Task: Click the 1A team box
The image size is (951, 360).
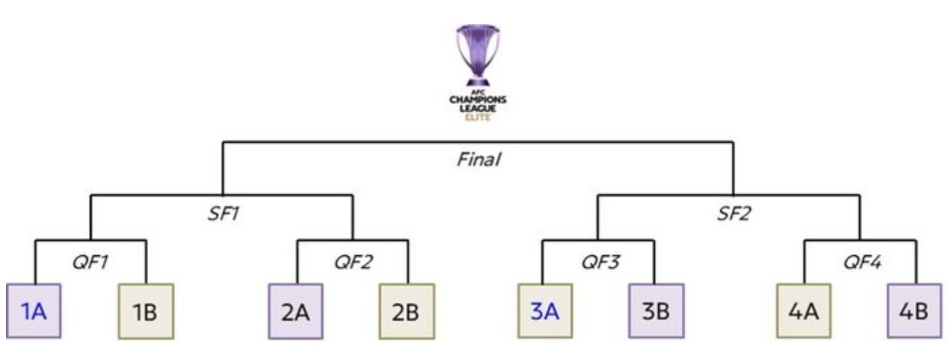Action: pyautogui.click(x=34, y=311)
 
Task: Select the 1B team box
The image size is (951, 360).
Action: pyautogui.click(x=145, y=311)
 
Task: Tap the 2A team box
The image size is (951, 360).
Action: pyautogui.click(x=296, y=311)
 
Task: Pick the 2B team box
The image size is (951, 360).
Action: pyautogui.click(x=407, y=311)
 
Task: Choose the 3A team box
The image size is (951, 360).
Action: pyautogui.click(x=544, y=311)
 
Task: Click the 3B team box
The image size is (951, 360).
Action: pyautogui.click(x=655, y=311)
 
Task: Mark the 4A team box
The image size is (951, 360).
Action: pyautogui.click(x=804, y=311)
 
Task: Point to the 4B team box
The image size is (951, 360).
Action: pyautogui.click(x=914, y=311)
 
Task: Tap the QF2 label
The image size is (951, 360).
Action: pyautogui.click(x=352, y=262)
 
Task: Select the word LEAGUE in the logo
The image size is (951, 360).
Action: pyautogui.click(x=478, y=108)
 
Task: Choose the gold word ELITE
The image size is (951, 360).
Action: pyautogui.click(x=478, y=116)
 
